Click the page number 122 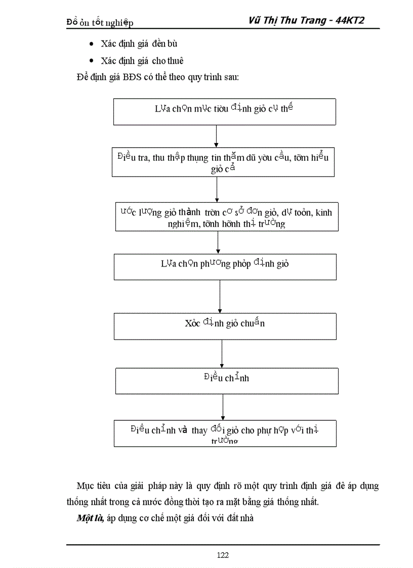[x=223, y=555]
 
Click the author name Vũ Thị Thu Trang [x=288, y=20]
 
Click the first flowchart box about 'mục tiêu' [x=224, y=111]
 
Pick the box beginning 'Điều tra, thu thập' [x=223, y=162]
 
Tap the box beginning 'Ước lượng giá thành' [x=226, y=216]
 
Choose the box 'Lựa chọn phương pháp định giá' [x=225, y=267]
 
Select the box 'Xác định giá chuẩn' [x=225, y=326]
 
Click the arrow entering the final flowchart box [x=223, y=406]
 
